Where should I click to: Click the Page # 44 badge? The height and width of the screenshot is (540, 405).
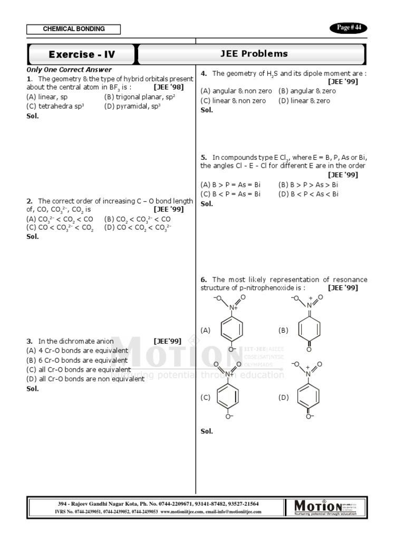pos(348,28)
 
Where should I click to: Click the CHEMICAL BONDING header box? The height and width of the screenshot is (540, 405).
pos(74,30)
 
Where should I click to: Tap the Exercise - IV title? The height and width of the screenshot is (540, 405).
pos(82,54)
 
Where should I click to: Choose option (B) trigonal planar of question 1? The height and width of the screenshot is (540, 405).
pos(140,97)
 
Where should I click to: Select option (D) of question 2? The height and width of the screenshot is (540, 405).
pos(138,228)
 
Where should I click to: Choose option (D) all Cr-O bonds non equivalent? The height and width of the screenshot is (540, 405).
pos(85,379)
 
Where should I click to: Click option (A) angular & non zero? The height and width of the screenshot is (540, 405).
pos(236,91)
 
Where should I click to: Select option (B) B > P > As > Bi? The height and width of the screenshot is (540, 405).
pos(308,185)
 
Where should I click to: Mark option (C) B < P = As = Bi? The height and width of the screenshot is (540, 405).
pos(230,194)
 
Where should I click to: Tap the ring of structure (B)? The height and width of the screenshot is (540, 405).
pos(310,330)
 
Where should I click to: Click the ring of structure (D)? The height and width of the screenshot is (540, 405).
pos(309,397)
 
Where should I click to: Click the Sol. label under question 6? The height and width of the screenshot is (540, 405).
pos(207,431)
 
